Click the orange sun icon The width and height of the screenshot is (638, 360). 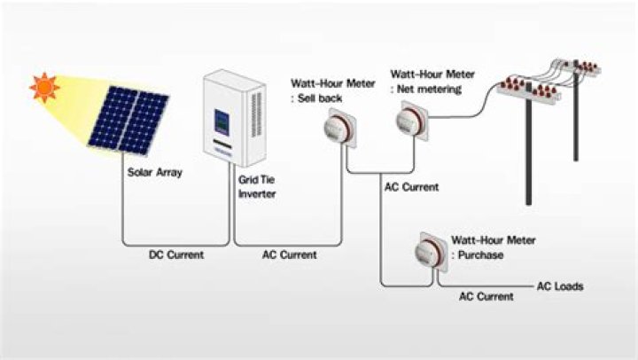[43, 87]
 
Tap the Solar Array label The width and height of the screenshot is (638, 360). [155, 173]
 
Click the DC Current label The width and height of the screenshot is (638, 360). [175, 254]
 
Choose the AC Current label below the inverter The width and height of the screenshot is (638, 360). [290, 254]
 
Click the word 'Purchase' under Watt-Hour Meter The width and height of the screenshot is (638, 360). [482, 255]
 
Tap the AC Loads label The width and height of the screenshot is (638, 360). [560, 286]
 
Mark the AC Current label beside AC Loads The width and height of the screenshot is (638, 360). [486, 297]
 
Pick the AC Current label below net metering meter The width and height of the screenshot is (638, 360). [412, 187]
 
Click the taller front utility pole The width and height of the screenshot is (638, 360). [532, 151]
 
